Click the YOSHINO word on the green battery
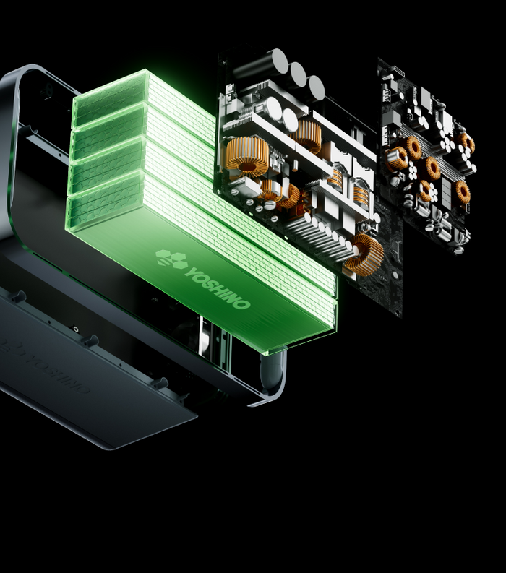coord(218,288)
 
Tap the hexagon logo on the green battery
coord(171,259)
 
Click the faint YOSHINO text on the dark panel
coord(59,373)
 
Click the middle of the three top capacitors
coord(298,74)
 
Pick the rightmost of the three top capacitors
coord(317,87)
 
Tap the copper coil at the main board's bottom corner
coord(364,254)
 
